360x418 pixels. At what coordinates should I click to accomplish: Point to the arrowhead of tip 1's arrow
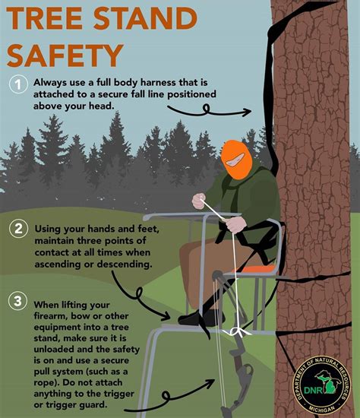[248, 112]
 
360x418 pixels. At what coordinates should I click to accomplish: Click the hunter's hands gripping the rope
[199, 201]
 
